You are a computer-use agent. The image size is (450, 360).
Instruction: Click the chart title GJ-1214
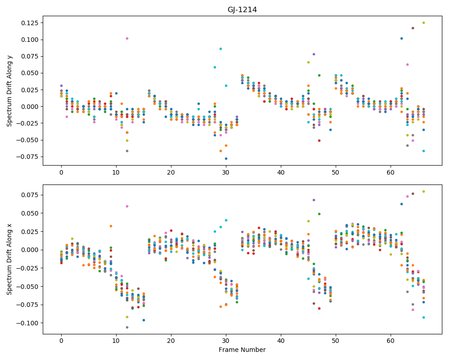[x=242, y=10]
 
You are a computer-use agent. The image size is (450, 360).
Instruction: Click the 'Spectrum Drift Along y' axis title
[x=9, y=90]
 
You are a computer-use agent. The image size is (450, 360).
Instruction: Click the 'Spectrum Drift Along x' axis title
[x=9, y=259]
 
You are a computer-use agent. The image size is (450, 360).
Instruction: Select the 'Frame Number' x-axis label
[x=242, y=350]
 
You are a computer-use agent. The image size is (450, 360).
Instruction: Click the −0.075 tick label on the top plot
[x=28, y=157]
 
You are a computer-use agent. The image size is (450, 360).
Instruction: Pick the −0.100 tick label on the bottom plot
[x=28, y=323]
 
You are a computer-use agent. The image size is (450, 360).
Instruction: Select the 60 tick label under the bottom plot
[x=391, y=341]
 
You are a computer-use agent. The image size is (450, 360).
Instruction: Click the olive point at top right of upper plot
[x=423, y=22]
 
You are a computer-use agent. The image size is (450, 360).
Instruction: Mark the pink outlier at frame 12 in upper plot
[x=127, y=38]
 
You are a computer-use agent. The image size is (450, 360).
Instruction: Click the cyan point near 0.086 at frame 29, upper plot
[x=220, y=49]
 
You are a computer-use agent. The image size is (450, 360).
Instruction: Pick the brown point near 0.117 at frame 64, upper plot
[x=413, y=28]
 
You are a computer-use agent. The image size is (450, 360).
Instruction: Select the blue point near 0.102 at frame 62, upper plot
[x=402, y=38]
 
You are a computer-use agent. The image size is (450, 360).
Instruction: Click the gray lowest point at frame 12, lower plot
[x=127, y=327]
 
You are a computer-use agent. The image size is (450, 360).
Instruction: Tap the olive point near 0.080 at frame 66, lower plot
[x=423, y=192]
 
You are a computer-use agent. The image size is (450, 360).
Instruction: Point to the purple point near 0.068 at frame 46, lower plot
[x=314, y=200]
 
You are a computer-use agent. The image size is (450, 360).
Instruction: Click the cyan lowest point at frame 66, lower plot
[x=423, y=318]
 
